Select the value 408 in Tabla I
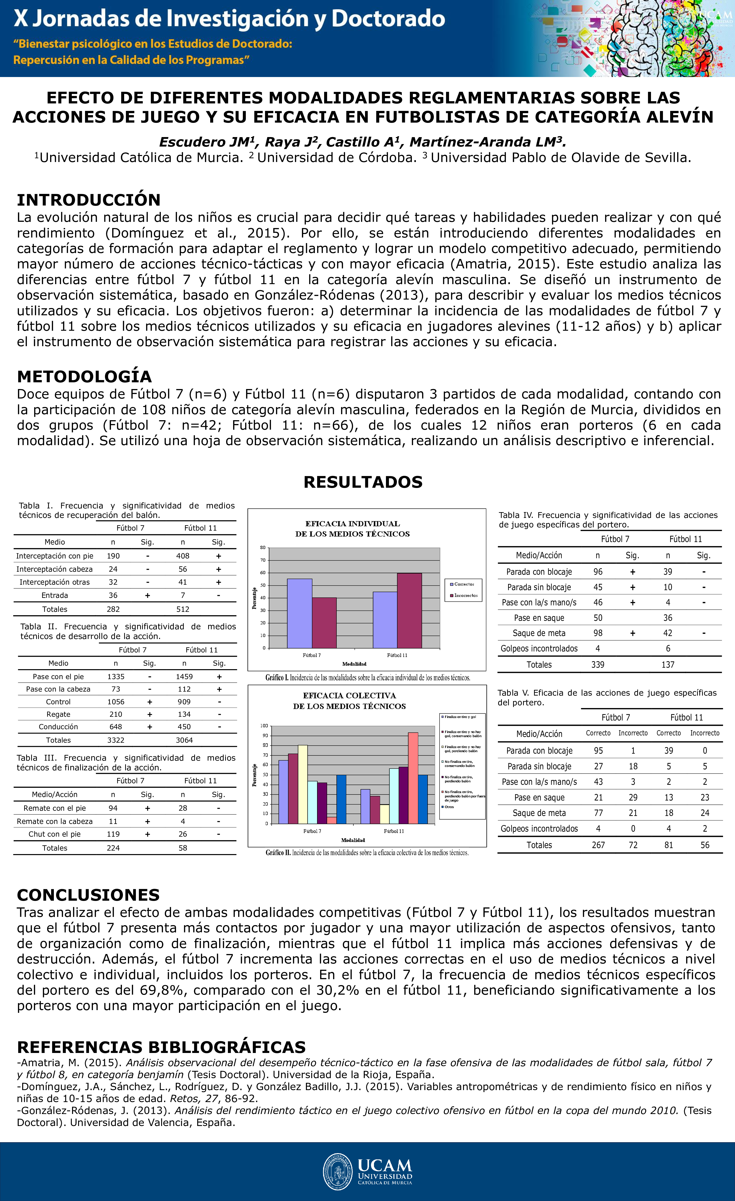pos(183,556)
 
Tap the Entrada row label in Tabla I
pos(55,595)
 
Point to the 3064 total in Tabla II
pos(184,740)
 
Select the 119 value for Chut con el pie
pos(113,834)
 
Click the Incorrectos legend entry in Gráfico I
pos(465,596)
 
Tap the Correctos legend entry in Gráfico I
pos(464,584)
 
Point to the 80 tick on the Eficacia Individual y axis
pos(263,547)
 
